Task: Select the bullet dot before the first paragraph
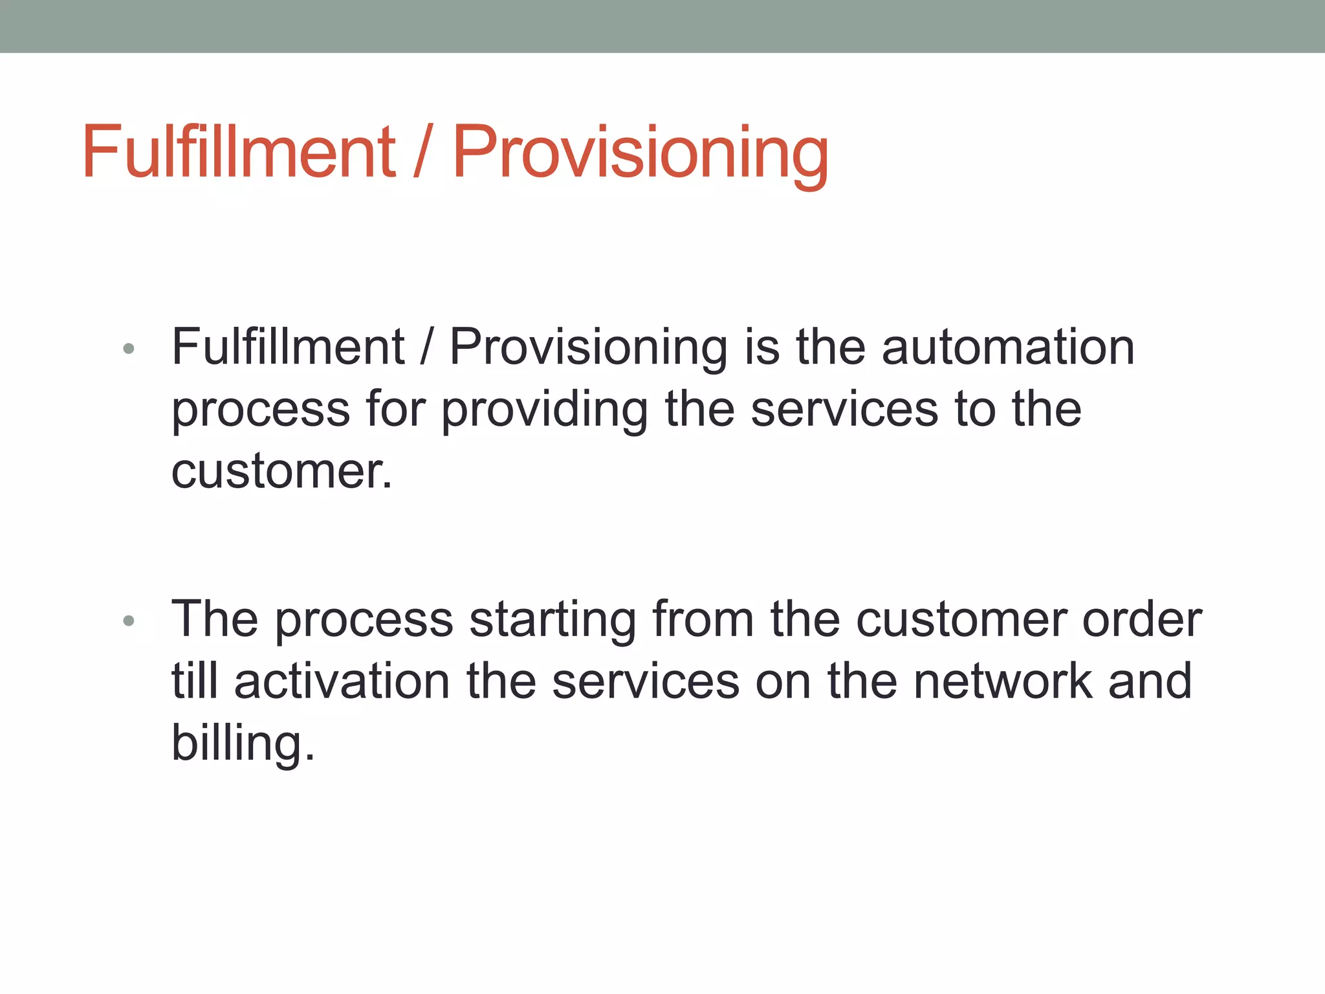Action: point(128,349)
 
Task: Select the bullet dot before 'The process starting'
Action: point(128,621)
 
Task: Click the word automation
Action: point(1007,348)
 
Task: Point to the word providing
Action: point(544,410)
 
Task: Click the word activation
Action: point(342,681)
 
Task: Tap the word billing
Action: point(243,743)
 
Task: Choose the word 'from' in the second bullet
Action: point(703,619)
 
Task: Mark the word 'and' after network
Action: point(1150,681)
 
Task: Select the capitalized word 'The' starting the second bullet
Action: point(214,619)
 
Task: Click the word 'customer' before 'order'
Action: point(961,619)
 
